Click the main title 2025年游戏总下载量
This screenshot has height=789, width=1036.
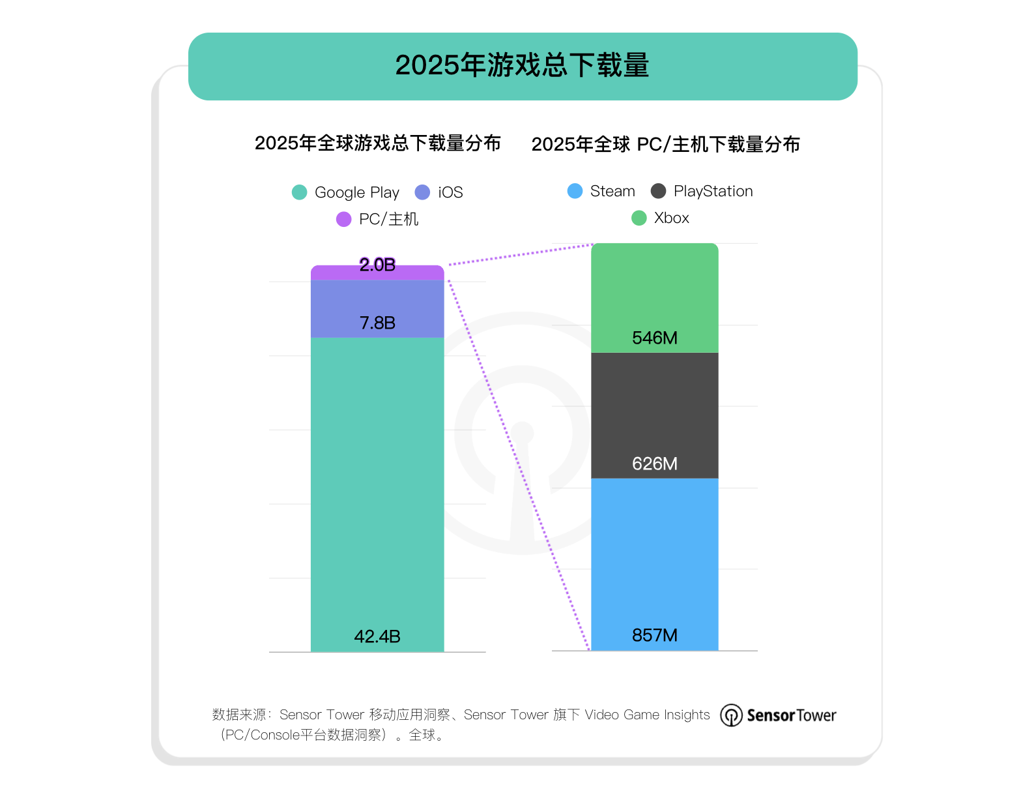coord(522,66)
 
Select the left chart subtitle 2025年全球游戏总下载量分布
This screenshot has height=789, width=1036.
coord(377,143)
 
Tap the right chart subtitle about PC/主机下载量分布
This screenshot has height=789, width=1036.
coord(665,145)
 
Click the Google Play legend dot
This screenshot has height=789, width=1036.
coord(299,192)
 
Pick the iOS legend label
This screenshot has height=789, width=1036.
coord(450,192)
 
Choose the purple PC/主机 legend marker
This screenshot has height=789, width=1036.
coord(343,220)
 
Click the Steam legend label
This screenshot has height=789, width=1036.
coord(612,191)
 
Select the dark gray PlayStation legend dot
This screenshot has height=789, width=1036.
coord(658,191)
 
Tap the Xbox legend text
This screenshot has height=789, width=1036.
coord(671,218)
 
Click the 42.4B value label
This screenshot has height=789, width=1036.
coord(377,636)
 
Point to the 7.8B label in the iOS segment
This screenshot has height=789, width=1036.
coord(377,323)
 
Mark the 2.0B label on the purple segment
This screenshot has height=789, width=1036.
coord(377,265)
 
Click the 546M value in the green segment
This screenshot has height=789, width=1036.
coord(654,338)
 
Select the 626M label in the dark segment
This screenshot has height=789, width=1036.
coord(654,464)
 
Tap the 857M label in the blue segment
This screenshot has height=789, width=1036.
coord(654,635)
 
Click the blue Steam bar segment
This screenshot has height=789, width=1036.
coord(654,554)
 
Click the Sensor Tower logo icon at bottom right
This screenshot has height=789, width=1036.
coord(731,715)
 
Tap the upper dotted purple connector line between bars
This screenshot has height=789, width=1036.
coord(521,254)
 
